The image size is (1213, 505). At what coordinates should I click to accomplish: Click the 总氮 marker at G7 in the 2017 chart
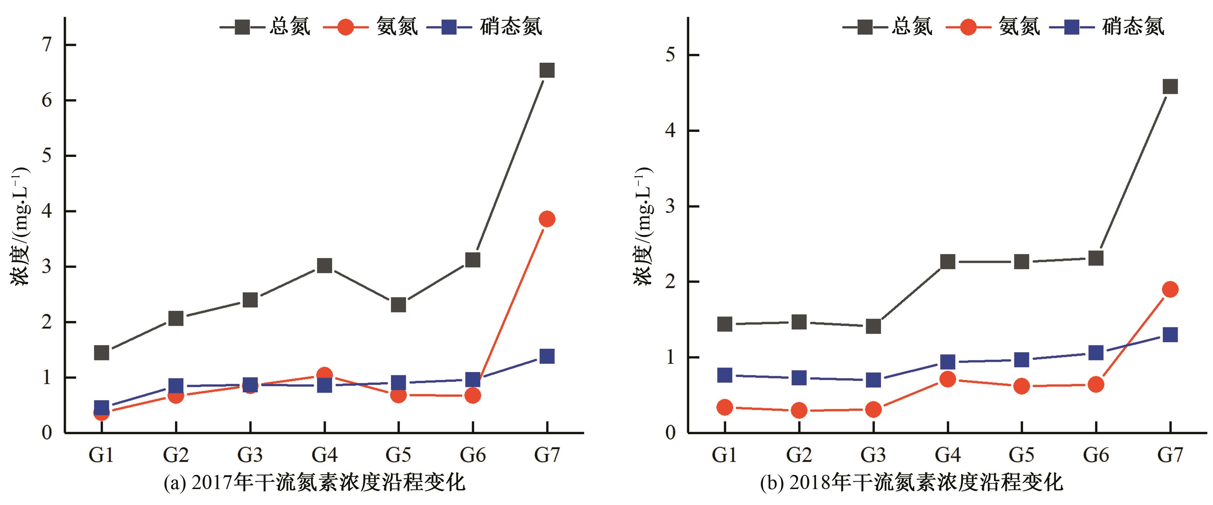[547, 70]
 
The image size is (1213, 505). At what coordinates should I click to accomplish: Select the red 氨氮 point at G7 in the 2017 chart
[547, 219]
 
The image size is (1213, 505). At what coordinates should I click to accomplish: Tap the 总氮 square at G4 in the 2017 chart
[324, 266]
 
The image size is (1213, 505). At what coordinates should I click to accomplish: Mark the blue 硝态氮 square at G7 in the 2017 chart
[547, 356]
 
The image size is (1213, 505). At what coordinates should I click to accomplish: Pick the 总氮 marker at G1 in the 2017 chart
[102, 352]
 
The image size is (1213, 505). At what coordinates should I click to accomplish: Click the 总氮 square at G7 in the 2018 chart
[1170, 87]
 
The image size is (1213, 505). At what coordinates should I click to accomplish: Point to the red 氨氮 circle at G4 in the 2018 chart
[947, 379]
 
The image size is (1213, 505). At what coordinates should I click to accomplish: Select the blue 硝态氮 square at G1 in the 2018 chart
[725, 375]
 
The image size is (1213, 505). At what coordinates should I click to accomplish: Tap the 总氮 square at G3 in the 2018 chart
[873, 326]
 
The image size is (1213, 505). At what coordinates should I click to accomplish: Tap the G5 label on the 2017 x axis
[398, 455]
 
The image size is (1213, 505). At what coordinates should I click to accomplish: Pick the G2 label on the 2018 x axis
[799, 455]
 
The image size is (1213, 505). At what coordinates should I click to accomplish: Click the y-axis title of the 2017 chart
[20, 226]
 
